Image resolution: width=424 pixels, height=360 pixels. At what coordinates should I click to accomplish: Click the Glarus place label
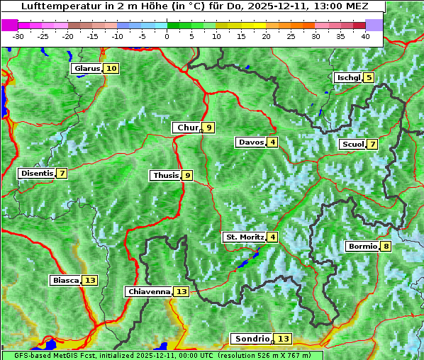point(87,69)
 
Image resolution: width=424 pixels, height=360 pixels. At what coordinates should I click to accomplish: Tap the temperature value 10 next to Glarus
point(111,69)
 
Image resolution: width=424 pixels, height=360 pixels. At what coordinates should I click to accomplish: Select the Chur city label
point(187,128)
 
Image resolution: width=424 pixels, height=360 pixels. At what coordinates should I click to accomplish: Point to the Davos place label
point(251,142)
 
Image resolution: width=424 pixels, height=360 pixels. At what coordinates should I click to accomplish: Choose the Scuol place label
point(353,145)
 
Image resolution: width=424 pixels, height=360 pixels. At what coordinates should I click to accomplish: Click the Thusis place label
point(165,176)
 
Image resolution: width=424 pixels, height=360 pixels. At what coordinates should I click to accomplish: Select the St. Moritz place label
point(245,237)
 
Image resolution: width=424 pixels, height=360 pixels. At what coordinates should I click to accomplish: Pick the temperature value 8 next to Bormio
point(385,247)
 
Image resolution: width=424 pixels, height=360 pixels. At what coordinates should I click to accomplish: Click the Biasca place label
point(66,281)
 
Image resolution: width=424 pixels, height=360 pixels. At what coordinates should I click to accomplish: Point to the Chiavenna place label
point(149,291)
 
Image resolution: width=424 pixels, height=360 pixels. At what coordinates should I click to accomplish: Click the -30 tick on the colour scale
point(18,36)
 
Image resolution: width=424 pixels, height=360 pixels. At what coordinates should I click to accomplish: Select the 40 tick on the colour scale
point(365,36)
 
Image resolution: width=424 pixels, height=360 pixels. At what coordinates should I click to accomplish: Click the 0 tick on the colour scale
point(167,36)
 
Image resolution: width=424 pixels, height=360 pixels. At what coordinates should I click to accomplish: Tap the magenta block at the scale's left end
point(10,25)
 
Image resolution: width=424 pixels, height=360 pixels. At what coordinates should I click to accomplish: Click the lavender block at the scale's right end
point(374,25)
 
